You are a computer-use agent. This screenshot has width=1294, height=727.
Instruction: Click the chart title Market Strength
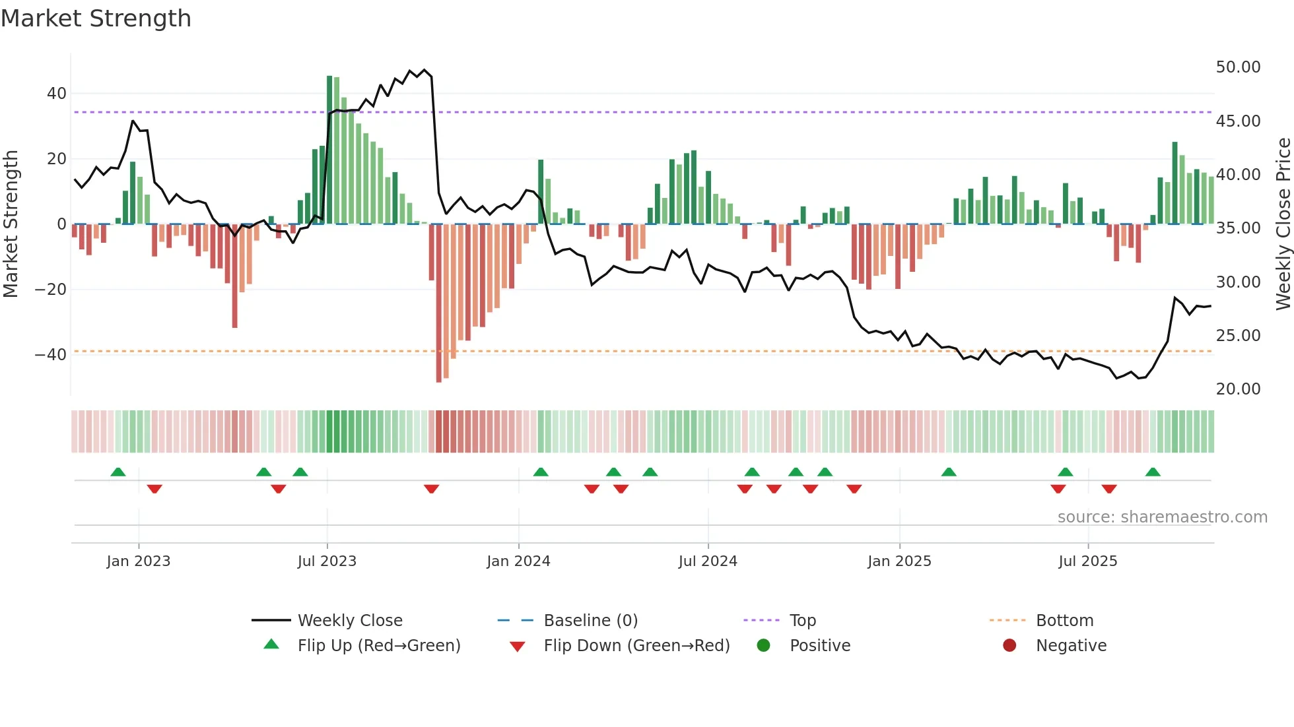click(96, 18)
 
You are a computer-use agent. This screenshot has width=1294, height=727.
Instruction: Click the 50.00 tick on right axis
click(1238, 67)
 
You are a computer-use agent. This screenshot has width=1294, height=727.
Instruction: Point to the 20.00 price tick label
click(1238, 389)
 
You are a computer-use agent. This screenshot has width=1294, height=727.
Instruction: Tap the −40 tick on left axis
click(51, 355)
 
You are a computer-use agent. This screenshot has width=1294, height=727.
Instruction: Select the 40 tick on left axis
click(56, 94)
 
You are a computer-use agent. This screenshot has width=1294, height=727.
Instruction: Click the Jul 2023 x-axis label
click(327, 561)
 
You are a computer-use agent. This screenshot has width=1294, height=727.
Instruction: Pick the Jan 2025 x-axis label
click(899, 561)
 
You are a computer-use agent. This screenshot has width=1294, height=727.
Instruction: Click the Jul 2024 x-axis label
click(708, 561)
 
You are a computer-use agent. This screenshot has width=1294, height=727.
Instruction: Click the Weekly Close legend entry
click(349, 621)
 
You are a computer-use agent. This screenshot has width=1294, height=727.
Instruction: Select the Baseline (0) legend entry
click(590, 621)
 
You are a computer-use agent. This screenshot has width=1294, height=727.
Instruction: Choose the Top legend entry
click(803, 621)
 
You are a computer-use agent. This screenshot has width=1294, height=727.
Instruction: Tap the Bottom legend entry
click(1064, 621)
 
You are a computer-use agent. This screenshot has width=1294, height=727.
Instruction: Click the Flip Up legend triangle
click(271, 645)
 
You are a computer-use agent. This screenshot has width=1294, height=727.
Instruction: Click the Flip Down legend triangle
click(518, 647)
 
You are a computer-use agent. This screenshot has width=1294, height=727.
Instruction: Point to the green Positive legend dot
click(764, 645)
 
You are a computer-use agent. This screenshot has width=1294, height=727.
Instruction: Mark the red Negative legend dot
click(1009, 645)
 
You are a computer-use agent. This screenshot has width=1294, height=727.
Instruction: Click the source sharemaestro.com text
click(1162, 517)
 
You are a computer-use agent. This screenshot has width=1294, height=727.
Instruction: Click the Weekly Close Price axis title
click(1283, 224)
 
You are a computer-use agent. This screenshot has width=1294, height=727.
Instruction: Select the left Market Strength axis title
click(11, 224)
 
